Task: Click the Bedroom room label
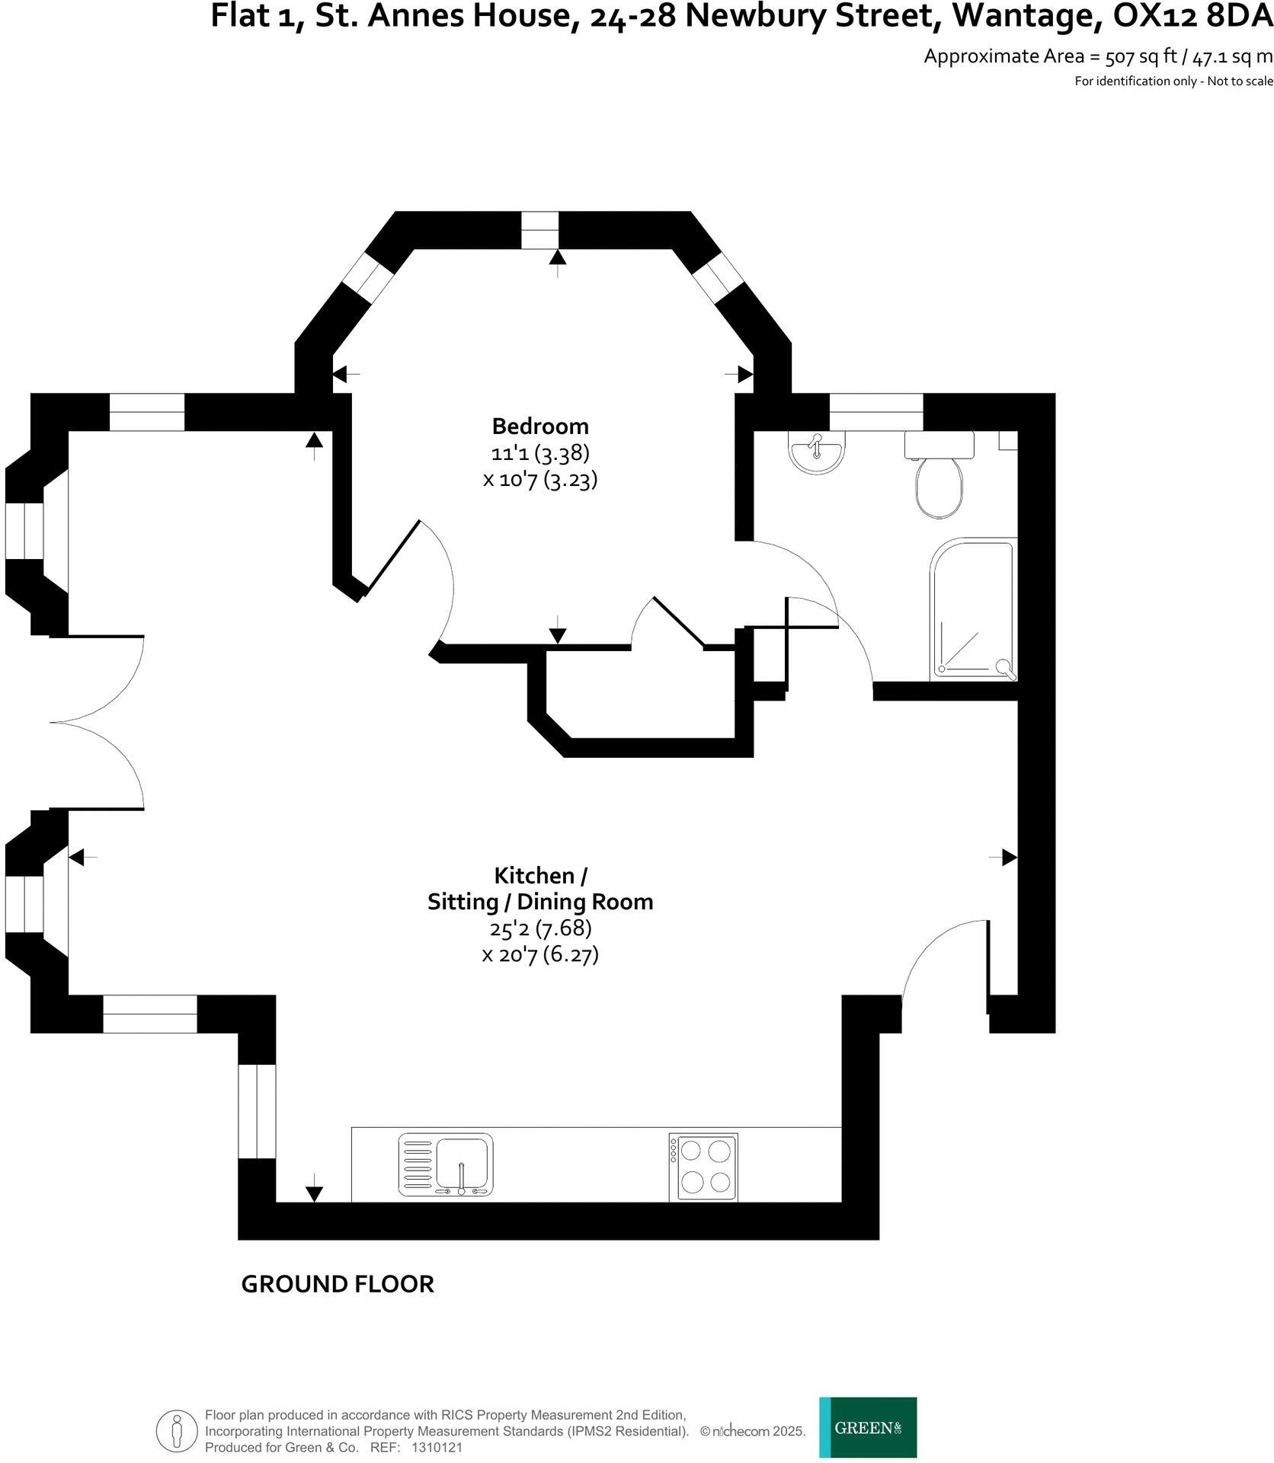539,426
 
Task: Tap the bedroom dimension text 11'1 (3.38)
539,453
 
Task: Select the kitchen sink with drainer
445,1164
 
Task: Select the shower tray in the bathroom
973,609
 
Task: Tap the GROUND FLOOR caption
337,1284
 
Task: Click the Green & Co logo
868,1427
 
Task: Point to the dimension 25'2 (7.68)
539,928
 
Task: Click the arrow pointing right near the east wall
1008,858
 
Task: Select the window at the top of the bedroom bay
540,230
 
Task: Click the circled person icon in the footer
177,1431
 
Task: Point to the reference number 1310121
437,1448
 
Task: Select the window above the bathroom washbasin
875,412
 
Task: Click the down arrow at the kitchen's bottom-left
313,1193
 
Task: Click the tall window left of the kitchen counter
257,1111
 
